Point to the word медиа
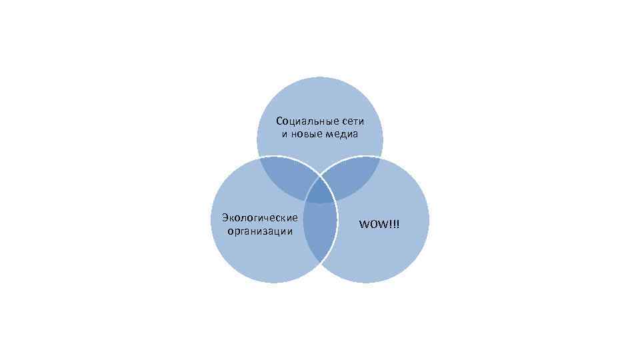click(343, 134)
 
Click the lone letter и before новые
click(285, 134)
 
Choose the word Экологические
click(259, 217)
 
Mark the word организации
click(259, 231)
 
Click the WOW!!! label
click(380, 224)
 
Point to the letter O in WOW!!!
click(376, 224)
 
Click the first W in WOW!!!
click(365, 224)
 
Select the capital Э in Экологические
click(225, 217)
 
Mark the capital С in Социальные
click(279, 121)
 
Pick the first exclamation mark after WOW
click(393, 224)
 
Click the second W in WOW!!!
click(387, 224)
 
